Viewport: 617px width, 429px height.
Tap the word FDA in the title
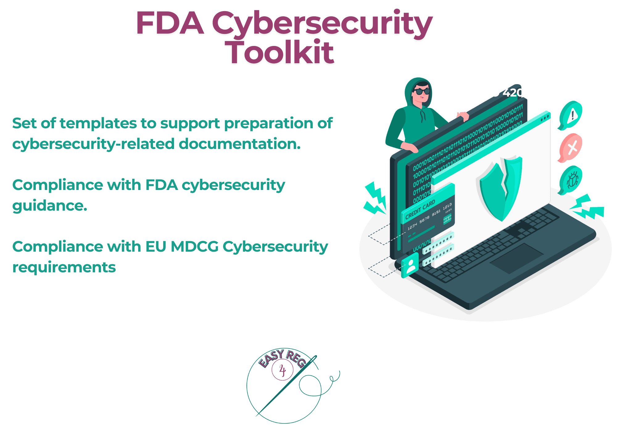click(170, 23)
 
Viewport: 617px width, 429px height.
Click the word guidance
click(50, 206)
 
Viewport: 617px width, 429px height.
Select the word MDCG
click(194, 247)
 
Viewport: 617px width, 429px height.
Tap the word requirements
click(64, 267)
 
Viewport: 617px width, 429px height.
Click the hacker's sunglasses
click(421, 91)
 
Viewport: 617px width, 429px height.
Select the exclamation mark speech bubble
click(571, 115)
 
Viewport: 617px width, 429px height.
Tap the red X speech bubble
click(571, 148)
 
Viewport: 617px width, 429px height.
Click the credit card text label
click(420, 209)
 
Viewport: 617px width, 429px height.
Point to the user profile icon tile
click(410, 265)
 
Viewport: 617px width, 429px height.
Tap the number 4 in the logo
click(282, 370)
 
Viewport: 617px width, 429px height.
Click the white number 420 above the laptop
click(512, 92)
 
